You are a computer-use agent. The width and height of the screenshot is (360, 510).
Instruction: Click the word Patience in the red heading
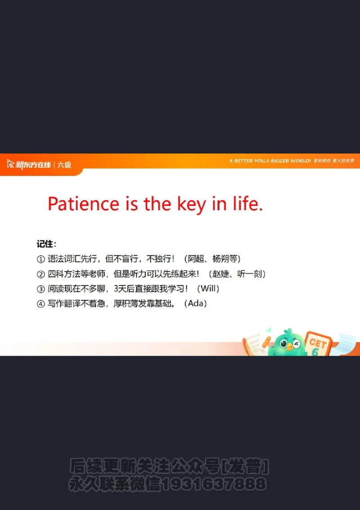83,204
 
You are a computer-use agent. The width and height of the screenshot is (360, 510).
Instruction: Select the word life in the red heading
246,204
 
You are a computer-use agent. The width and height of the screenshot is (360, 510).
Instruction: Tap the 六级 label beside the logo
64,165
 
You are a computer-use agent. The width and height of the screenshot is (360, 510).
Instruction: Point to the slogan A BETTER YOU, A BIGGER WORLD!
270,161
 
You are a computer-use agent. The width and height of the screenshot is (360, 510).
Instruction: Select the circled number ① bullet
40,259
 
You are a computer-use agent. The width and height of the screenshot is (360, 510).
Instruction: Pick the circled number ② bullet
40,274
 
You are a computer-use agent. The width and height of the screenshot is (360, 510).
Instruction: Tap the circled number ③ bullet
40,289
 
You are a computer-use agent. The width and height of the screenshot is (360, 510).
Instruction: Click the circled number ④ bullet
40,304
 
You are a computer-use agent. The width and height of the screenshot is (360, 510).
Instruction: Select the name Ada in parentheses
196,303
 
